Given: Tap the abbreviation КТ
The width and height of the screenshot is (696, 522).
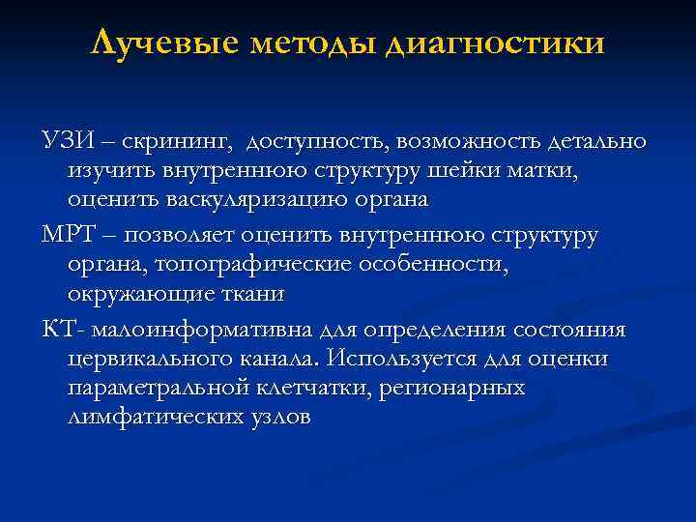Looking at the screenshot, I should [x=57, y=330].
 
